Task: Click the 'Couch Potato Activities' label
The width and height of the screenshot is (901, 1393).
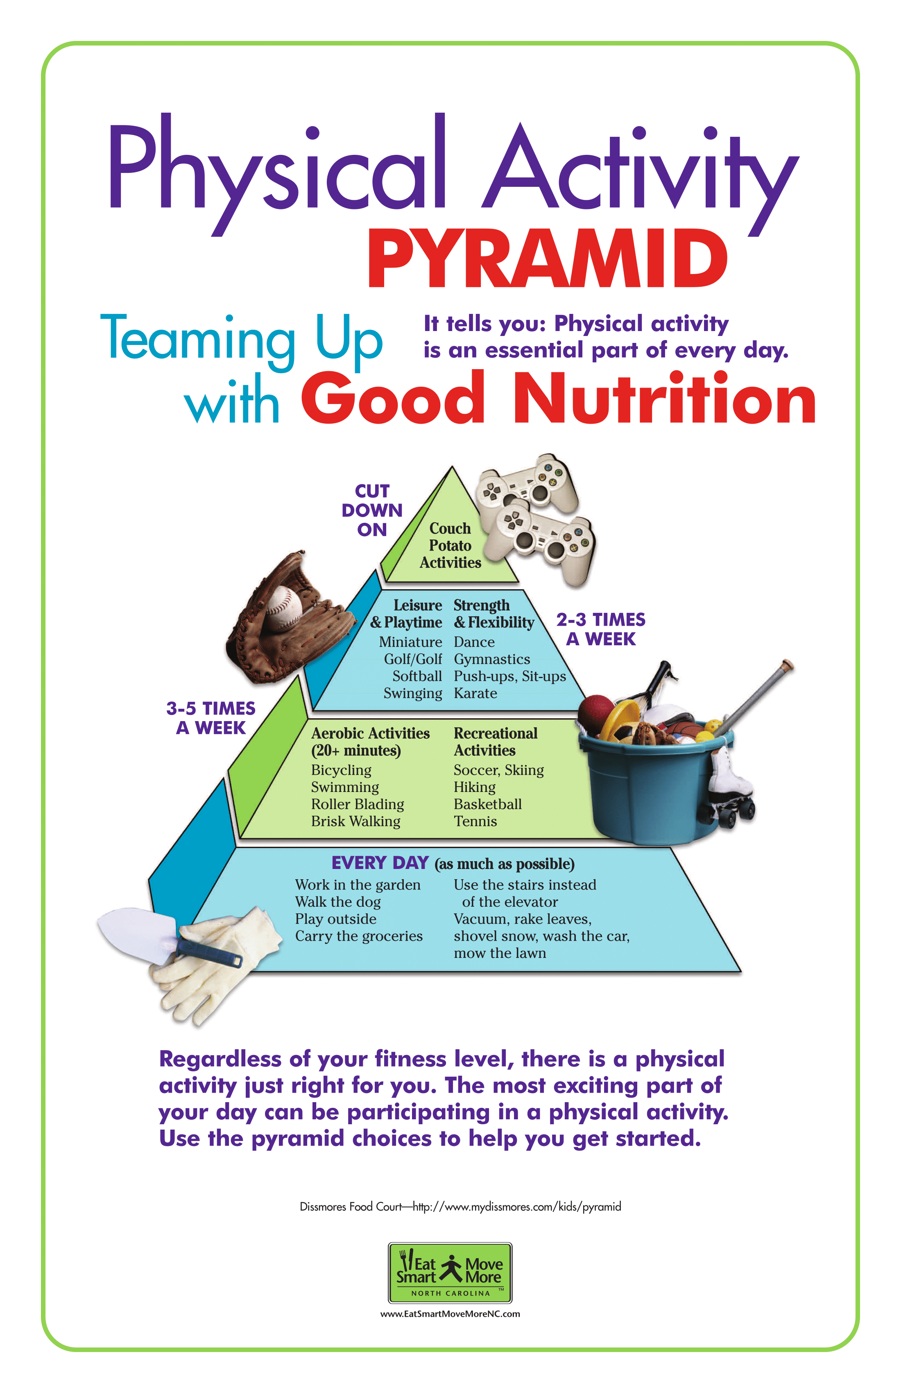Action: click(x=450, y=545)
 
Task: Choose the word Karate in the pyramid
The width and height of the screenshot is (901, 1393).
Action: click(x=475, y=694)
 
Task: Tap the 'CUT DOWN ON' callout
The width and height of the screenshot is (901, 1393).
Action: click(x=372, y=510)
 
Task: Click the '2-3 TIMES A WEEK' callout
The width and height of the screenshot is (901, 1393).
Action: click(x=601, y=629)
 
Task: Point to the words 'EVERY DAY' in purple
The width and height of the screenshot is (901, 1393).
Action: click(x=380, y=863)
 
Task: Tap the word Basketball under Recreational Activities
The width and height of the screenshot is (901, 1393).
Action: click(x=487, y=804)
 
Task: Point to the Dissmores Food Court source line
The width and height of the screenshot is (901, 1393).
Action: click(x=460, y=1207)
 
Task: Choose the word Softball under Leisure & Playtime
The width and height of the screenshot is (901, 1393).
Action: click(x=417, y=676)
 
